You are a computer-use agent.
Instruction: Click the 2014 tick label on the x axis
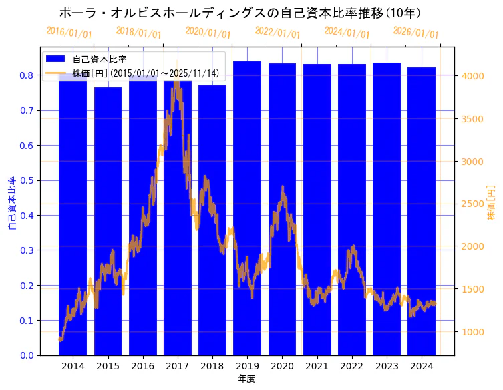(73, 366)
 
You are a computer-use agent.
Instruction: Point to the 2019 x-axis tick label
(247, 366)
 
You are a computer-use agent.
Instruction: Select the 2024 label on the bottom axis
(422, 366)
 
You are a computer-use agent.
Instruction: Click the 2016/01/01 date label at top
(69, 33)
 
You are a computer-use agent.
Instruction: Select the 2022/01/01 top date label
(277, 33)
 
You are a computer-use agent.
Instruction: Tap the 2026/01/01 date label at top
(415, 33)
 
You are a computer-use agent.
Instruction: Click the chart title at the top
(240, 13)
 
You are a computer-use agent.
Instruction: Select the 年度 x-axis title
(247, 379)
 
